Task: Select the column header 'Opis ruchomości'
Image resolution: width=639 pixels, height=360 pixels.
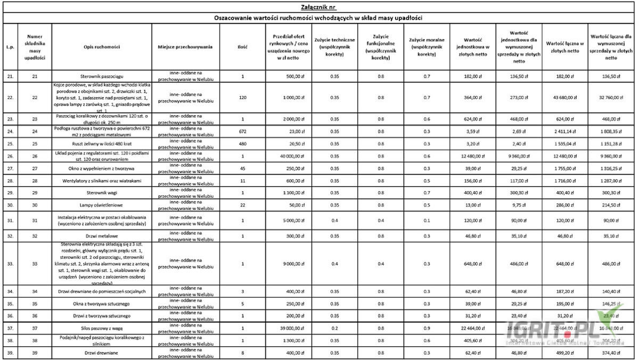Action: point(103,47)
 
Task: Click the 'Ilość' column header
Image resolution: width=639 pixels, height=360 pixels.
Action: point(242,47)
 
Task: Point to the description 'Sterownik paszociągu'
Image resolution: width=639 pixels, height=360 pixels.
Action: point(103,76)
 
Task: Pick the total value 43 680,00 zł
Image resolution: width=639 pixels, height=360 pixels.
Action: point(566,97)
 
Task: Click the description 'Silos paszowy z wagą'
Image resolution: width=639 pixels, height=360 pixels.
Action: point(103,328)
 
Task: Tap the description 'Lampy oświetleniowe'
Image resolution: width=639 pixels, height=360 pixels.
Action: point(103,205)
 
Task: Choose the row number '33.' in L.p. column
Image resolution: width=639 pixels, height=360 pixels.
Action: point(10,264)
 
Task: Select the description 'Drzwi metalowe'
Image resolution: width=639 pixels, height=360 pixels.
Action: point(103,234)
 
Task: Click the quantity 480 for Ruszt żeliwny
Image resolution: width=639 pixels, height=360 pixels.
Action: point(242,144)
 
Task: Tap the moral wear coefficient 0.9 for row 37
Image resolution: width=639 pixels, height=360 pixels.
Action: point(427,328)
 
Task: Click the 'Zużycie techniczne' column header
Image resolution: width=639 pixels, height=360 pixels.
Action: point(334,47)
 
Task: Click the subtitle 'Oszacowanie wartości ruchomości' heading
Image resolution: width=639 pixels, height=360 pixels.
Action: point(318,18)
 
